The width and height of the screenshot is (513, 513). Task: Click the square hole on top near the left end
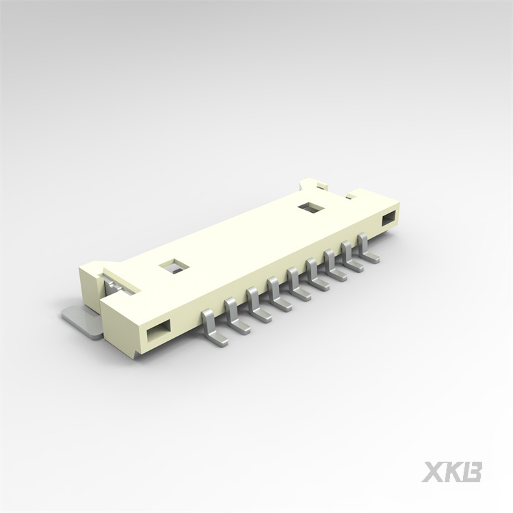pos(173,266)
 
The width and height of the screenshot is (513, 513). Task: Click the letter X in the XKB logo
pos(433,472)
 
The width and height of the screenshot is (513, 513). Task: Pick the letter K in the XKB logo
pos(453,472)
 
